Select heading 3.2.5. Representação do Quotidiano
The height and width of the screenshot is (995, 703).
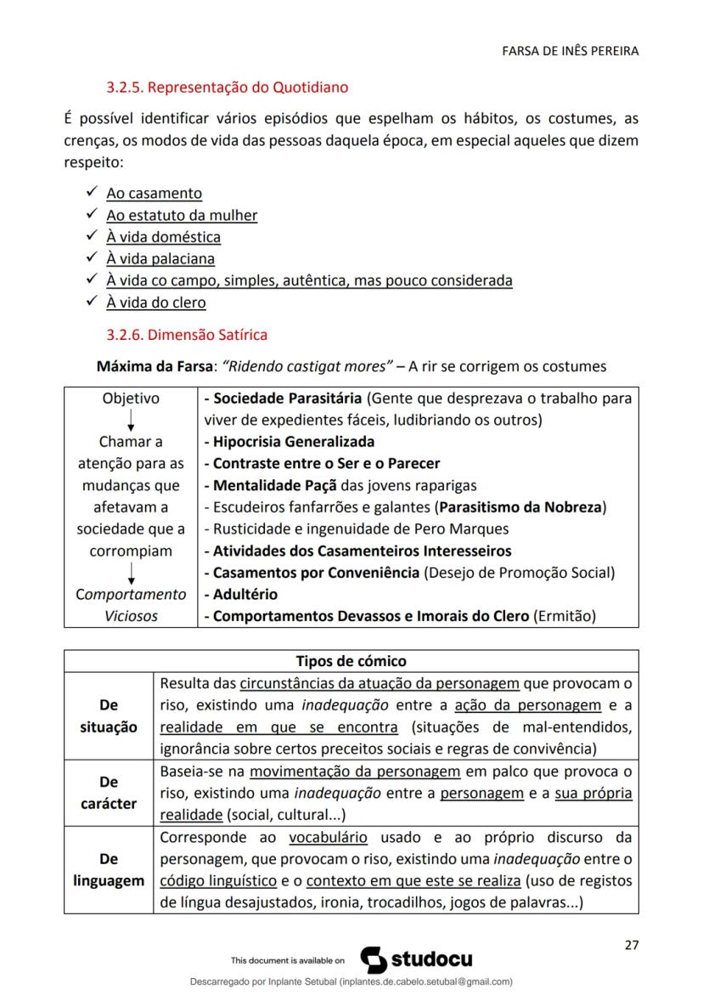coord(227,87)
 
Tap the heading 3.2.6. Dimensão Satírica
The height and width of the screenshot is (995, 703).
coord(207,335)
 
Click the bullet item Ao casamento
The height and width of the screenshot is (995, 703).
coord(154,193)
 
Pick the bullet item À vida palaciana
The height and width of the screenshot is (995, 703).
coord(160,258)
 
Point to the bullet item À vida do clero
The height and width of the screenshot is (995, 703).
coord(155,302)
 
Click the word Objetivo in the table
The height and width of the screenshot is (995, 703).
coord(131,399)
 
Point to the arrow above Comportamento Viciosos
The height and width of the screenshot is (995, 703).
coord(131,574)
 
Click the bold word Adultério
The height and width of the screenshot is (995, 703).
coord(245,595)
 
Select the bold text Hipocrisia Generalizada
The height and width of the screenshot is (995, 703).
coord(293,442)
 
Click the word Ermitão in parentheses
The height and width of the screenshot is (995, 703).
coord(565,617)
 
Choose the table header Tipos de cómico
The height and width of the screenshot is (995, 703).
coord(351,661)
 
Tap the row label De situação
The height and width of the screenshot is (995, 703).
coord(109,716)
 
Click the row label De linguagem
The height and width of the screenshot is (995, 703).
coord(109,870)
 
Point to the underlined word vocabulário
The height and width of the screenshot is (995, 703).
coord(328,838)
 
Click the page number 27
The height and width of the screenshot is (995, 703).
coord(631,945)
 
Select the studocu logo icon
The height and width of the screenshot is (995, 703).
coord(374,959)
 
